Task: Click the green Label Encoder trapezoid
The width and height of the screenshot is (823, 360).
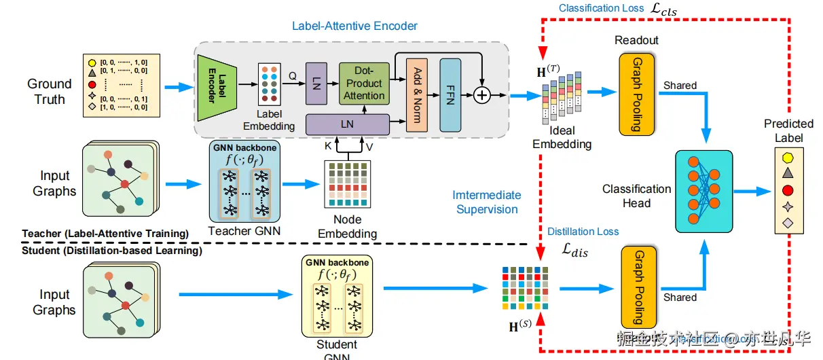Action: pyautogui.click(x=217, y=86)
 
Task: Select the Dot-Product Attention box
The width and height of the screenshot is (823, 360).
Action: pyautogui.click(x=363, y=83)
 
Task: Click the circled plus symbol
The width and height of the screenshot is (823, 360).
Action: pyautogui.click(x=481, y=95)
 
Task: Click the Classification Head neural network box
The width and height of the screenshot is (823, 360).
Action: pyautogui.click(x=704, y=192)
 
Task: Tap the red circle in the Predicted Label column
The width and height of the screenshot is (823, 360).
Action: pyautogui.click(x=788, y=190)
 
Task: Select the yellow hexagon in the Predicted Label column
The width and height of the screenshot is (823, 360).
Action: pyautogui.click(x=788, y=157)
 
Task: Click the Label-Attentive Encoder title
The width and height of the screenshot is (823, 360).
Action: pyautogui.click(x=354, y=26)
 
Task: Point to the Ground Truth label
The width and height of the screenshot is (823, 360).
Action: pyautogui.click(x=49, y=92)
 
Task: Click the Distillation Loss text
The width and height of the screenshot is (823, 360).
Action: pyautogui.click(x=583, y=232)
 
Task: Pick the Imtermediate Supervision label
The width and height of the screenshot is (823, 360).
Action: pyautogui.click(x=487, y=202)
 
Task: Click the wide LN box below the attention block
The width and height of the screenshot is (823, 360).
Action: pyautogui.click(x=347, y=124)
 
